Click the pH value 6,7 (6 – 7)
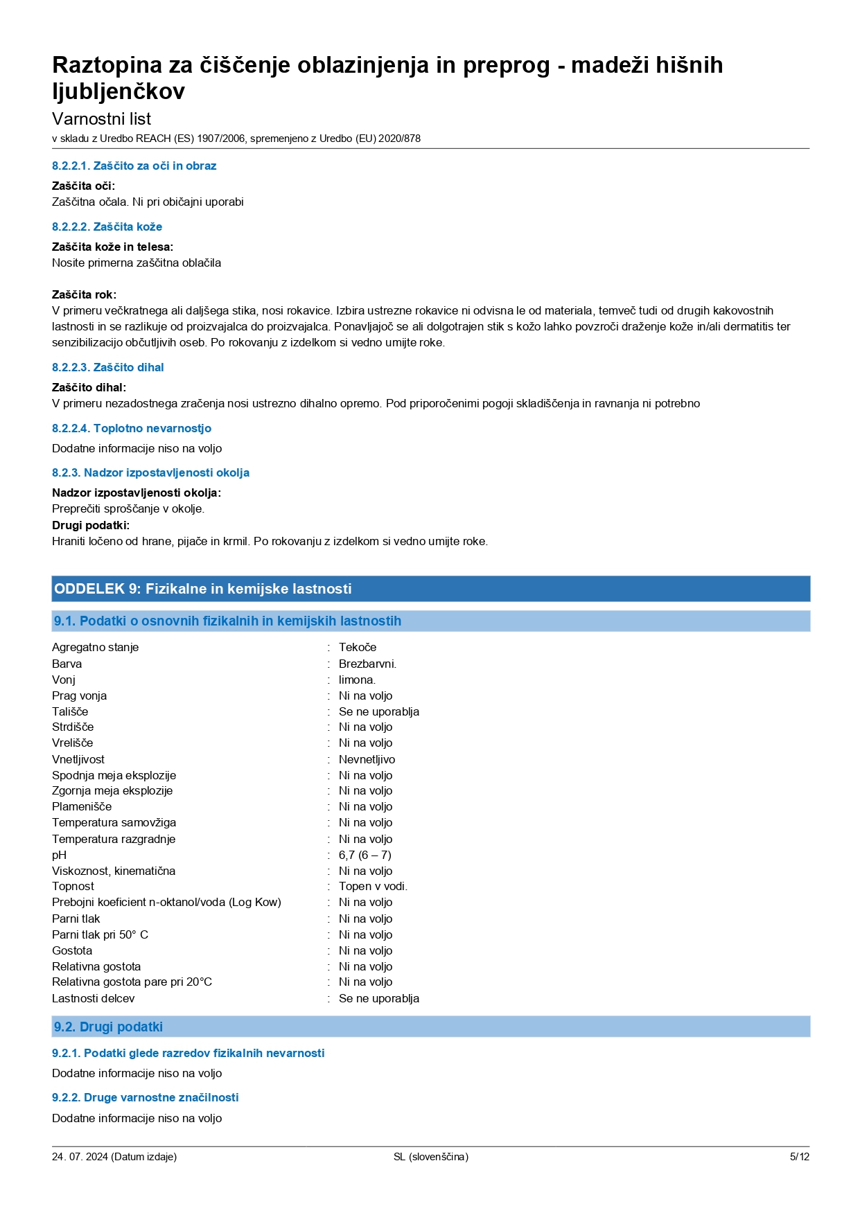point(365,855)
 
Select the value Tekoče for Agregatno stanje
point(358,647)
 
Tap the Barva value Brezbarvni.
point(367,664)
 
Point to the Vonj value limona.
point(357,680)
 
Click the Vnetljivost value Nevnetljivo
point(367,759)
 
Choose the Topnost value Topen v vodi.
point(373,886)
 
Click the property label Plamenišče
point(82,806)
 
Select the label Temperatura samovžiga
point(114,822)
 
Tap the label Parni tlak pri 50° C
point(100,934)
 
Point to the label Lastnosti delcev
point(93,998)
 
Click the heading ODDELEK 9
point(202,589)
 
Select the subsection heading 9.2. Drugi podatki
point(108,1027)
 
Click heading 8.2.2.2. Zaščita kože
point(107,227)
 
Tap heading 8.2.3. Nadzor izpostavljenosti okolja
point(150,472)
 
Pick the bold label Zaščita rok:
point(84,294)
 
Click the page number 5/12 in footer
point(799,1157)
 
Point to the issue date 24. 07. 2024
point(80,1157)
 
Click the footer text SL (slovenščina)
point(430,1157)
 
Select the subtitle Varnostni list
point(101,118)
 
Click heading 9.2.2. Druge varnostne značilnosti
point(145,1097)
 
